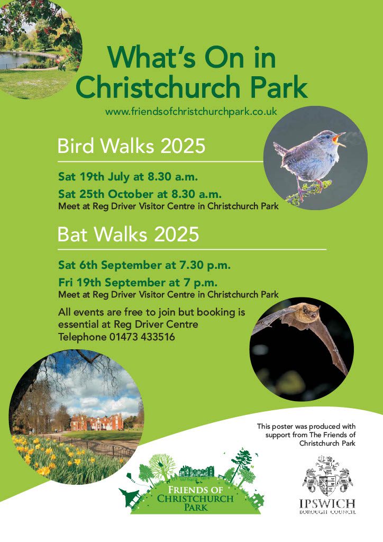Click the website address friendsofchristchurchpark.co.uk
191,112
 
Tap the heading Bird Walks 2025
131,145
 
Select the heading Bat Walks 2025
128,233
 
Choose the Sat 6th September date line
144,265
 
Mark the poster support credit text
307,434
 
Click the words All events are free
106,312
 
